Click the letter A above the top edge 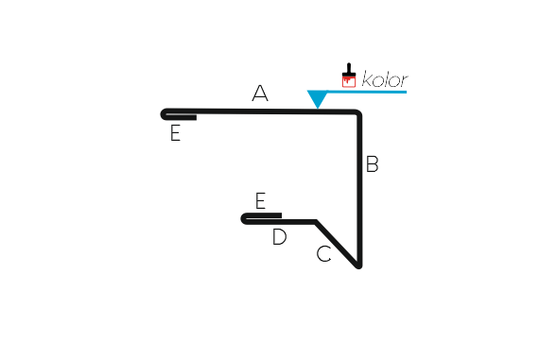pos(260,94)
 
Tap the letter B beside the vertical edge pos(373,163)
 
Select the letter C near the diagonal pos(323,254)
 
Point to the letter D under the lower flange pos(279,236)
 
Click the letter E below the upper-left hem pos(175,133)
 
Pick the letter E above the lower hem pos(261,200)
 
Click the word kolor pos(385,79)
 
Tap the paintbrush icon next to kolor pos(349,76)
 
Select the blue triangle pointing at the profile pos(318,99)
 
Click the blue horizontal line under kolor pos(367,92)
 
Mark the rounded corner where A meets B pos(357,113)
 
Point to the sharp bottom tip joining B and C pos(358,266)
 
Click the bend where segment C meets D pos(316,222)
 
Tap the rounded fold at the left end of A pos(164,114)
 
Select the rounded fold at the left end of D pos(244,219)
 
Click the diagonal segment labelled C pos(337,244)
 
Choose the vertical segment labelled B pos(359,189)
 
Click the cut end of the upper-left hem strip pos(196,118)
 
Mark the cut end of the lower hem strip pos(281,215)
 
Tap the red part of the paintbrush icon pos(349,82)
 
